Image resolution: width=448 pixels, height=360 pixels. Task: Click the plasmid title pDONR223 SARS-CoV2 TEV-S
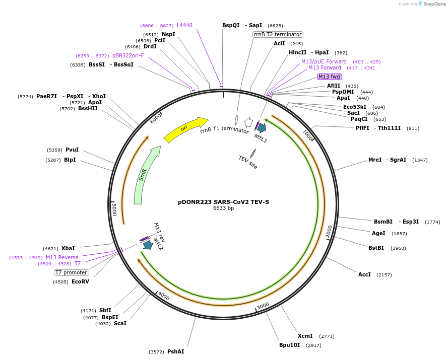click(x=223, y=202)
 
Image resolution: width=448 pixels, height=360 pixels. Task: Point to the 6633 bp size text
click(x=223, y=208)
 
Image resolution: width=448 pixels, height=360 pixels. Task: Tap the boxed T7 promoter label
click(x=71, y=272)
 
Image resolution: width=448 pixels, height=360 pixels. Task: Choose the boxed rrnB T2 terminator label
click(x=278, y=35)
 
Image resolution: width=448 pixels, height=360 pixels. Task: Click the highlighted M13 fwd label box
click(x=330, y=77)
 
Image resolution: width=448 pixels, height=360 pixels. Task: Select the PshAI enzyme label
click(x=175, y=351)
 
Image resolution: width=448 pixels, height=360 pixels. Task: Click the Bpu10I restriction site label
click(x=289, y=345)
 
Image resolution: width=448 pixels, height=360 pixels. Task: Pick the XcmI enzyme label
click(x=305, y=336)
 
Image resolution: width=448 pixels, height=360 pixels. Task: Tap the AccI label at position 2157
click(x=364, y=274)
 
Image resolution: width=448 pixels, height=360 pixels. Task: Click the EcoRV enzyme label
click(x=80, y=281)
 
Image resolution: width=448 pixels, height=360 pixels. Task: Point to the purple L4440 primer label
click(x=184, y=25)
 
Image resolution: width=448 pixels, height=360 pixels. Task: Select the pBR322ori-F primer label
click(x=128, y=55)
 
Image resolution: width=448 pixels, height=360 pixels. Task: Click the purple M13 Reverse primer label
click(x=62, y=257)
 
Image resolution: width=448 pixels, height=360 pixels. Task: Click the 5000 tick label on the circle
click(x=114, y=209)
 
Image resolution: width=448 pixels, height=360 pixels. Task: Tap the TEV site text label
click(x=248, y=162)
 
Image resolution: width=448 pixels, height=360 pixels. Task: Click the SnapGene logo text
click(x=434, y=4)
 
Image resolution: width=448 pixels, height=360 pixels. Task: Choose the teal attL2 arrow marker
click(x=148, y=245)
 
